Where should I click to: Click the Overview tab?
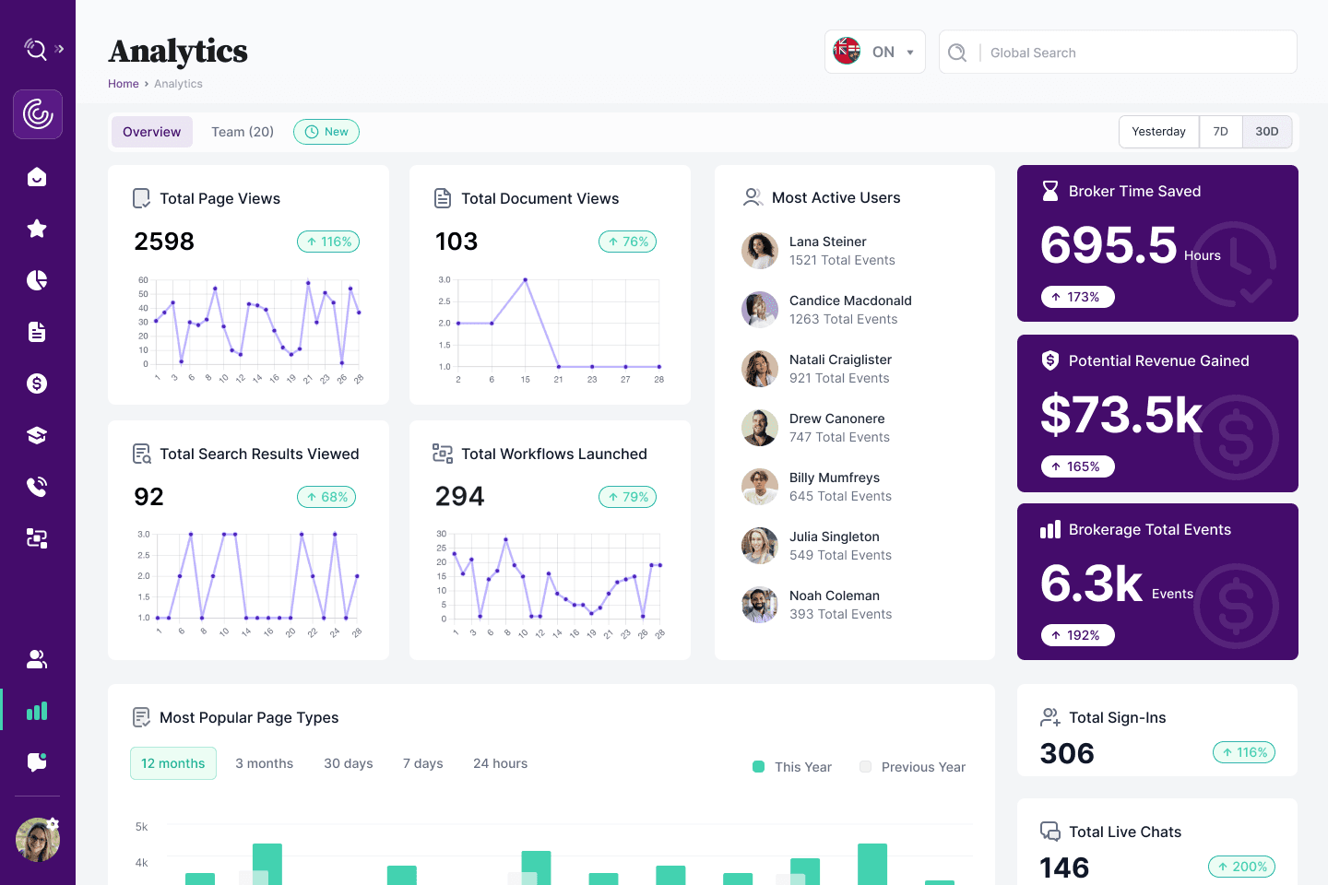click(x=152, y=132)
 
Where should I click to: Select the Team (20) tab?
click(x=243, y=132)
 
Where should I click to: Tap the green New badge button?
click(x=326, y=132)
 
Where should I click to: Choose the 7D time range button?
click(x=1220, y=132)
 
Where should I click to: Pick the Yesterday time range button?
click(x=1158, y=132)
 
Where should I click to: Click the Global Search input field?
click(x=1134, y=53)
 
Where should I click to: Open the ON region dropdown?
click(x=874, y=53)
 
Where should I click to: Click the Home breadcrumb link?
click(x=123, y=84)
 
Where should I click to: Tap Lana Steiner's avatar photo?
click(x=760, y=251)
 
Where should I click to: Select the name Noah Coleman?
click(x=834, y=596)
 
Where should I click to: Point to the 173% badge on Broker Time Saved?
click(x=1077, y=297)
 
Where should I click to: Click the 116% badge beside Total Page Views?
click(x=328, y=242)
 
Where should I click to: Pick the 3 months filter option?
click(x=264, y=763)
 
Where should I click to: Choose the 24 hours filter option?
click(x=500, y=763)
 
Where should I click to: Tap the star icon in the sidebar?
click(x=37, y=229)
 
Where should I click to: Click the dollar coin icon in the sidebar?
click(x=37, y=383)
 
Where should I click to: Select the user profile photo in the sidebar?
click(x=38, y=840)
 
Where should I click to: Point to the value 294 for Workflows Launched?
click(x=459, y=497)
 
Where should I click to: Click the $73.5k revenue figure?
click(x=1120, y=415)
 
